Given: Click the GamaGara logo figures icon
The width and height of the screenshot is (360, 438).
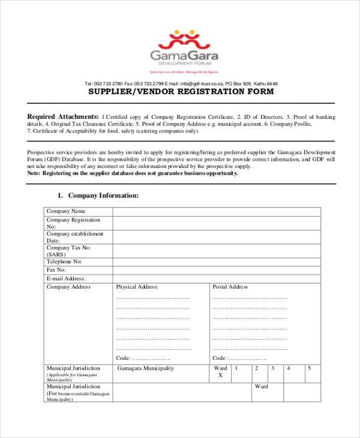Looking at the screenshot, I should [185, 40].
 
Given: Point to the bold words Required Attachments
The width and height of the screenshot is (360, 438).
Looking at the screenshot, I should [63, 116].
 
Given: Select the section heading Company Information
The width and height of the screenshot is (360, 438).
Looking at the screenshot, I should [103, 196].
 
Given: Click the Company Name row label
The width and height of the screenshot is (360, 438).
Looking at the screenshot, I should [67, 211].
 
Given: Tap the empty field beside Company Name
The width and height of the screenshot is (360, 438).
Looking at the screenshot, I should [216, 211].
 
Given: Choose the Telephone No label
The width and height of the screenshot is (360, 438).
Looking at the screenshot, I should [64, 262].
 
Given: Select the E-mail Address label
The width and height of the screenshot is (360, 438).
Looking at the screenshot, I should [66, 278].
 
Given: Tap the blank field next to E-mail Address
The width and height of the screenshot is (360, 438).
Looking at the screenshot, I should [216, 278].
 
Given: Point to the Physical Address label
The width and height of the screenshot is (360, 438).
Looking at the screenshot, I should [137, 287].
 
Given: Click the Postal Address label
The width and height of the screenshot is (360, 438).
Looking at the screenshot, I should [230, 287].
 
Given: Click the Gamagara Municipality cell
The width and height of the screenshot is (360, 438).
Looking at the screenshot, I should [146, 368].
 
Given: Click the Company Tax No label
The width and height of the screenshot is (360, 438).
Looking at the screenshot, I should [69, 250].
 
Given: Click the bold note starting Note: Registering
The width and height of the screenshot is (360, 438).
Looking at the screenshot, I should [133, 173].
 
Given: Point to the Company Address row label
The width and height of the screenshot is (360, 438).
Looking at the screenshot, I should [69, 287].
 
